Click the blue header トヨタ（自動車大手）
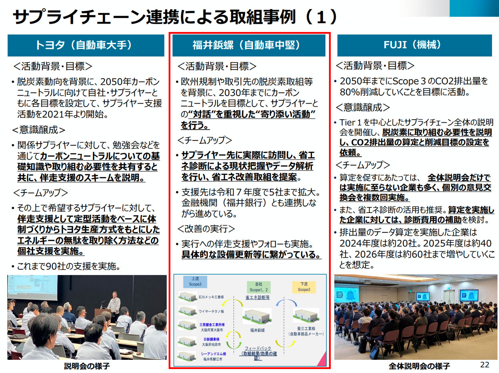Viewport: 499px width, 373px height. point(86,45)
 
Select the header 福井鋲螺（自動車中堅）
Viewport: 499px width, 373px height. point(249,45)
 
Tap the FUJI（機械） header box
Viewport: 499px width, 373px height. point(412,45)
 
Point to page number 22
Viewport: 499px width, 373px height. point(485,364)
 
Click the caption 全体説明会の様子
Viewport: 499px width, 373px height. point(419,366)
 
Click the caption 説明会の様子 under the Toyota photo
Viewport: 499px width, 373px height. point(87,366)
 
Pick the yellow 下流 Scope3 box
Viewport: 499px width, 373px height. point(303,287)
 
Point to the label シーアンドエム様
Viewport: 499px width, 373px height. point(213,354)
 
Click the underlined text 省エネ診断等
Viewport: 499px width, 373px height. point(257,297)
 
